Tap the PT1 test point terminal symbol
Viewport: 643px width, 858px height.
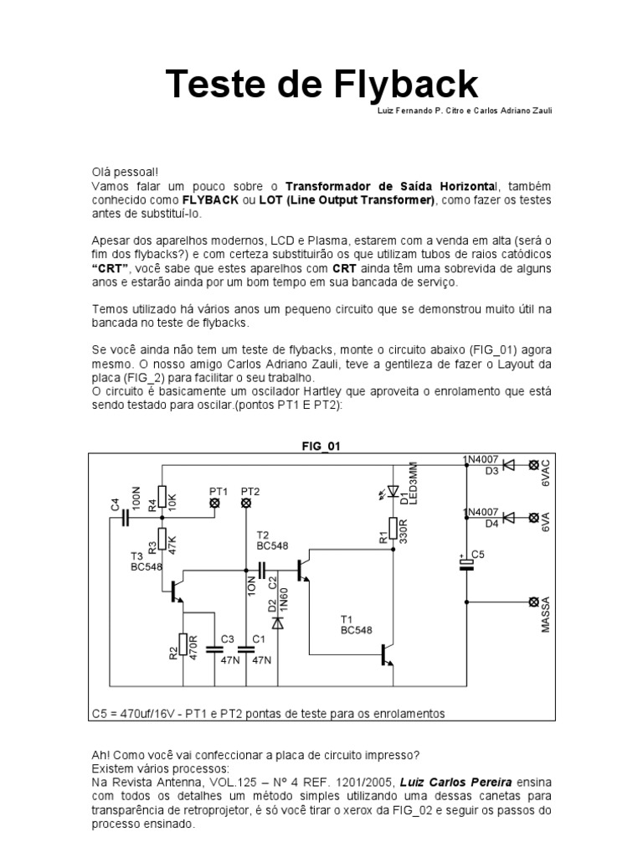(x=214, y=503)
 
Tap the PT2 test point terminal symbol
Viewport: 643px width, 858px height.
(x=246, y=503)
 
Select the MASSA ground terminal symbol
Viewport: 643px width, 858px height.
(x=532, y=602)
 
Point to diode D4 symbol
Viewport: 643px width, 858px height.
(x=507, y=518)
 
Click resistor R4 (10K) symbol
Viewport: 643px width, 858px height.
(x=162, y=499)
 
